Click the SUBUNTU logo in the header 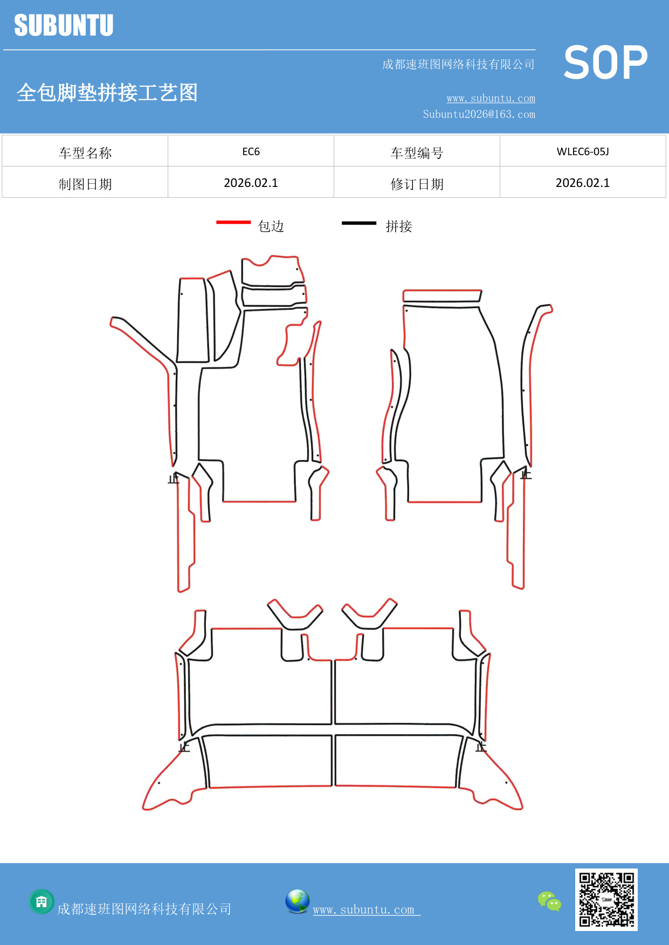(64, 25)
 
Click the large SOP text (605, 63)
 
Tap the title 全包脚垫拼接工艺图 (107, 93)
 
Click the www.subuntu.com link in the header (491, 98)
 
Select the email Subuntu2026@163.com (479, 114)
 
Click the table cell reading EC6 (251, 151)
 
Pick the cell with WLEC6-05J (582, 151)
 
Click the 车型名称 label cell (85, 153)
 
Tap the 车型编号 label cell (417, 153)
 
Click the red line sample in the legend (233, 222)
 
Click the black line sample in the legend (359, 223)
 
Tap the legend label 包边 (271, 226)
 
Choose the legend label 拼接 (399, 226)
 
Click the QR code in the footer (606, 899)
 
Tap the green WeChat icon (549, 901)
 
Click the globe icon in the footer (297, 901)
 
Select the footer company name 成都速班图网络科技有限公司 (144, 909)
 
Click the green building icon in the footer (42, 901)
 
